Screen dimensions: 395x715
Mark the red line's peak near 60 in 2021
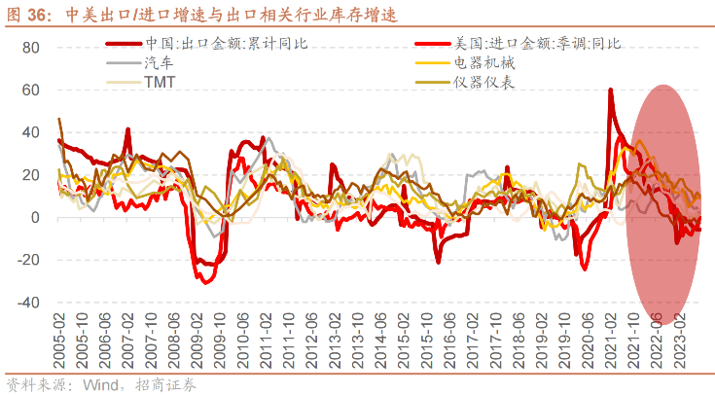pyautogui.click(x=610, y=90)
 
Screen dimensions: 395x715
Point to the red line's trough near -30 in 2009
pyautogui.click(x=204, y=281)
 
